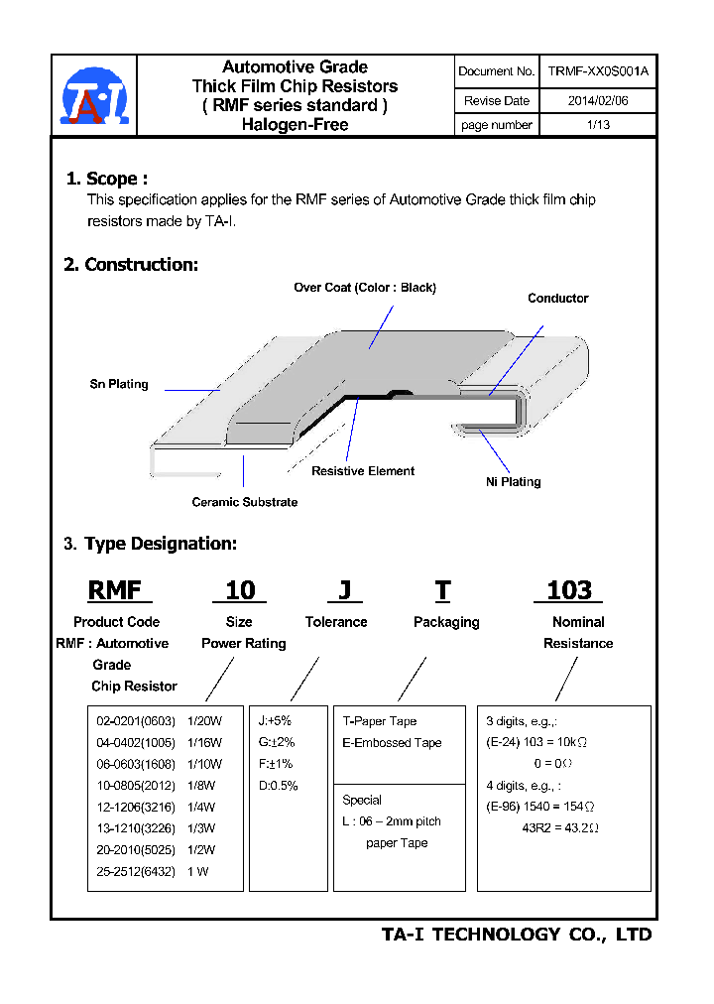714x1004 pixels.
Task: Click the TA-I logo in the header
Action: click(x=94, y=96)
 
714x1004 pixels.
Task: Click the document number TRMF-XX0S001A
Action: click(x=598, y=71)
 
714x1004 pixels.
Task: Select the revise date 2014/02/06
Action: click(x=598, y=100)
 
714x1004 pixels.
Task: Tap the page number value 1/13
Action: click(x=598, y=125)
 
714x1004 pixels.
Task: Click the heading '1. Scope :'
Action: click(x=107, y=179)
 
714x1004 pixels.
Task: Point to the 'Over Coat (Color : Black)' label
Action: click(x=365, y=288)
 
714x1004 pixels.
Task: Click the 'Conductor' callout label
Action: click(x=557, y=299)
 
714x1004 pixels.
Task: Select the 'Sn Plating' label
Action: click(x=119, y=385)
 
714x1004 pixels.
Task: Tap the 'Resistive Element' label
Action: click(x=363, y=471)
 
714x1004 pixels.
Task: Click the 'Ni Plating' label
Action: click(x=514, y=482)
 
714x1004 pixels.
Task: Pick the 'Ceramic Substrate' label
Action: click(x=244, y=503)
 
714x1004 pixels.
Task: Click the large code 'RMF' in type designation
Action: click(x=116, y=591)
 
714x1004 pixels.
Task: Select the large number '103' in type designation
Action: click(x=568, y=591)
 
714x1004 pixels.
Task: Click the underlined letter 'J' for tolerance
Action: click(x=344, y=591)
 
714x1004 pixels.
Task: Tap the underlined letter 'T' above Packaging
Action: click(x=442, y=591)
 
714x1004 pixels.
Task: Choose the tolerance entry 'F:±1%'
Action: click(x=277, y=764)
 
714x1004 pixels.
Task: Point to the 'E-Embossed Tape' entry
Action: click(x=392, y=743)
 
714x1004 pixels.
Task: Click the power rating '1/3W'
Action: click(x=201, y=828)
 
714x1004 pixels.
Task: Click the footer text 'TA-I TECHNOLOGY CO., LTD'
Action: click(x=517, y=935)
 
